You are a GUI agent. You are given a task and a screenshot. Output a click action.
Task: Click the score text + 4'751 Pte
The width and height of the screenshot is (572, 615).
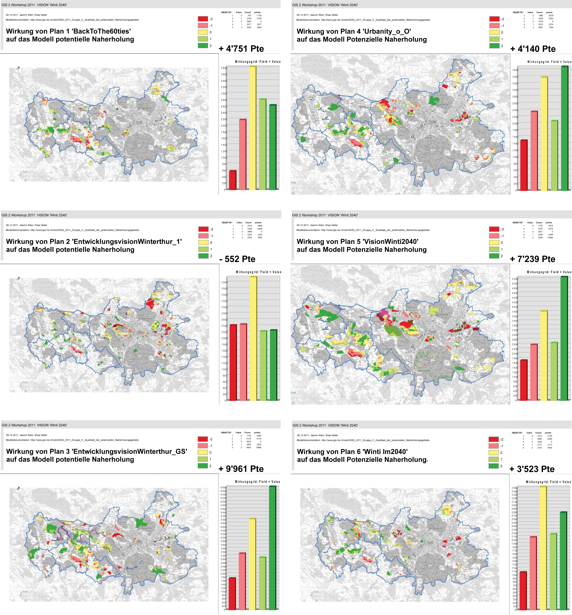click(x=241, y=49)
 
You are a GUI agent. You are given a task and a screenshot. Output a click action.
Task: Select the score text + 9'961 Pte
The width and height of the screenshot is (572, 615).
click(x=241, y=469)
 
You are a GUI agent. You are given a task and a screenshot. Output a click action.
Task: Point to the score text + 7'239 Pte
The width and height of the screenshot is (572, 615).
click(x=532, y=259)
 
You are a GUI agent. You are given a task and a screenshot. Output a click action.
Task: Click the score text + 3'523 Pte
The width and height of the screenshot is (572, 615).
click(x=532, y=469)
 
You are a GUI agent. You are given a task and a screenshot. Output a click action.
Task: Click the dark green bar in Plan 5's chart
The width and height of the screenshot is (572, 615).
click(x=564, y=339)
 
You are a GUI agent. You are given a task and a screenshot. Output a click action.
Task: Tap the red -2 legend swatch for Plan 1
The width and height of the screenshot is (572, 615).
click(x=203, y=19)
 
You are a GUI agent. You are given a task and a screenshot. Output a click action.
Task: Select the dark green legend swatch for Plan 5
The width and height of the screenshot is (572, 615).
click(x=494, y=256)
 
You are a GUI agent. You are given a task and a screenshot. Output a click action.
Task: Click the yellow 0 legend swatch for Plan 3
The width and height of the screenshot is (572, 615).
click(x=203, y=452)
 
